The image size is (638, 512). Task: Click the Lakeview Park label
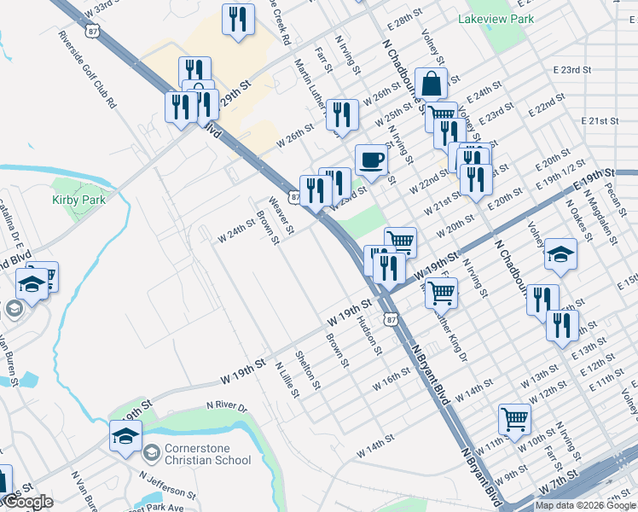point(496,18)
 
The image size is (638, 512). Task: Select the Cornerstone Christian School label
point(208,454)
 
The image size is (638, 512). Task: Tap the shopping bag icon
point(432,84)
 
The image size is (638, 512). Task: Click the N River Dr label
point(226,409)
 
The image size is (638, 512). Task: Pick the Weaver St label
point(281,216)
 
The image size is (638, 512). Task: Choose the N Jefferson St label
point(167,488)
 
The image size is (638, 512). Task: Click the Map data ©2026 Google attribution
point(585,505)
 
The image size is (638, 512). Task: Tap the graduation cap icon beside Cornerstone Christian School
point(125,436)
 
